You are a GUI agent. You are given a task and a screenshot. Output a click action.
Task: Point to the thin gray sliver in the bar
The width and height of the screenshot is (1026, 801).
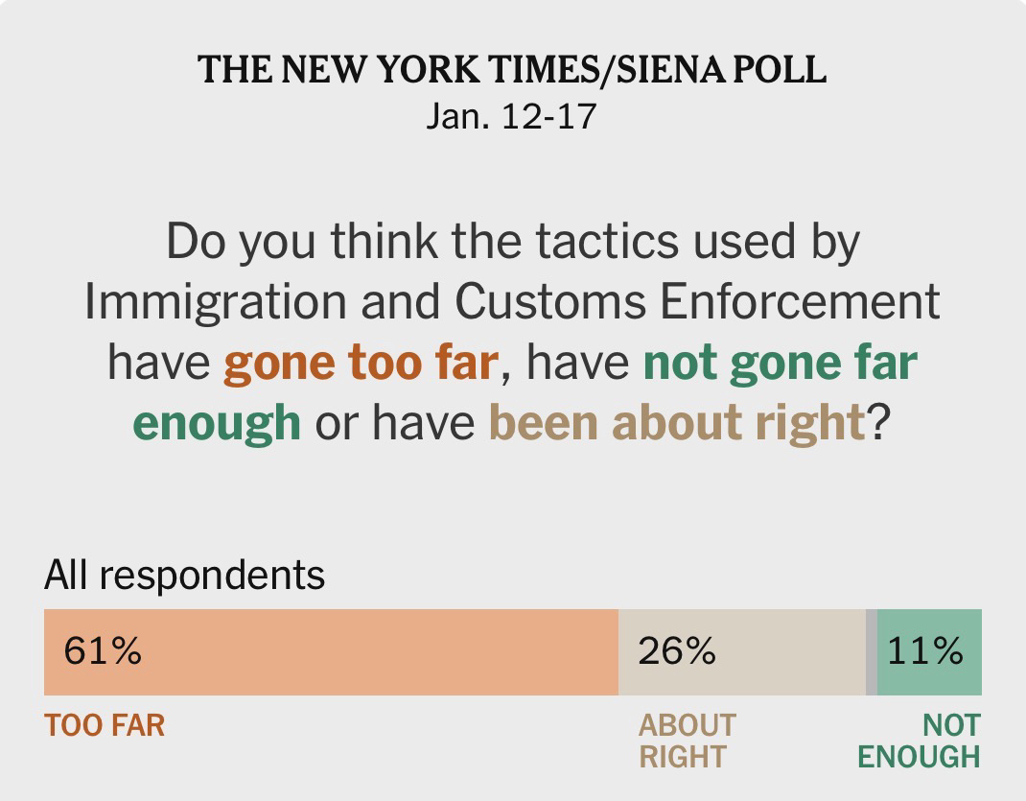coord(872,652)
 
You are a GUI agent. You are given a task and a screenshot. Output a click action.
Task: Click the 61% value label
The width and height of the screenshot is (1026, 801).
coord(103,651)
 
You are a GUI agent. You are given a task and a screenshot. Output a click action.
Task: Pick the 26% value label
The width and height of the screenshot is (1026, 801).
coord(677,651)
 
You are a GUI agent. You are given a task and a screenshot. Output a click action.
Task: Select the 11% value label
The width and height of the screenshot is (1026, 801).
coord(924,651)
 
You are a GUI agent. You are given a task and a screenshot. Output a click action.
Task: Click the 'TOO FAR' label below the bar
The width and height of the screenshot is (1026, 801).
coord(105,725)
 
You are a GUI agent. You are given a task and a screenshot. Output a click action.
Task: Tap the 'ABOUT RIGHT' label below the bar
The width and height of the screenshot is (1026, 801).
coord(687,740)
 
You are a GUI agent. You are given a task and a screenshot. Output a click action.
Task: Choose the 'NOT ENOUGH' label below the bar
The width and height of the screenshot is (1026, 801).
coord(920,740)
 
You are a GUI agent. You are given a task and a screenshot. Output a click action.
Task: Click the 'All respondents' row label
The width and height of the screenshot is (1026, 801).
coord(184,576)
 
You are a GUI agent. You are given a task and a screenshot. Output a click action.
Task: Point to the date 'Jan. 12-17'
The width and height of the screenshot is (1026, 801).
coord(511,116)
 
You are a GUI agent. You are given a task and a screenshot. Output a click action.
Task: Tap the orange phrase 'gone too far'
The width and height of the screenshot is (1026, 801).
coord(361,363)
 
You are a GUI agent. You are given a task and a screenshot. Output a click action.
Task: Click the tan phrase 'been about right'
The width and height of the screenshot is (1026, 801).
coord(677,421)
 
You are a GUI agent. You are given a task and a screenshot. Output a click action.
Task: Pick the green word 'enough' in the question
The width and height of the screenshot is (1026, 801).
coord(216,421)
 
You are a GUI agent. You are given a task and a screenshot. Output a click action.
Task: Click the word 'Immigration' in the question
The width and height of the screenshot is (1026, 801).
coord(215,302)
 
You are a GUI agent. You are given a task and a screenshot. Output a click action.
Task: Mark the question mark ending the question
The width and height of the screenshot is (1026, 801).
coord(880,421)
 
